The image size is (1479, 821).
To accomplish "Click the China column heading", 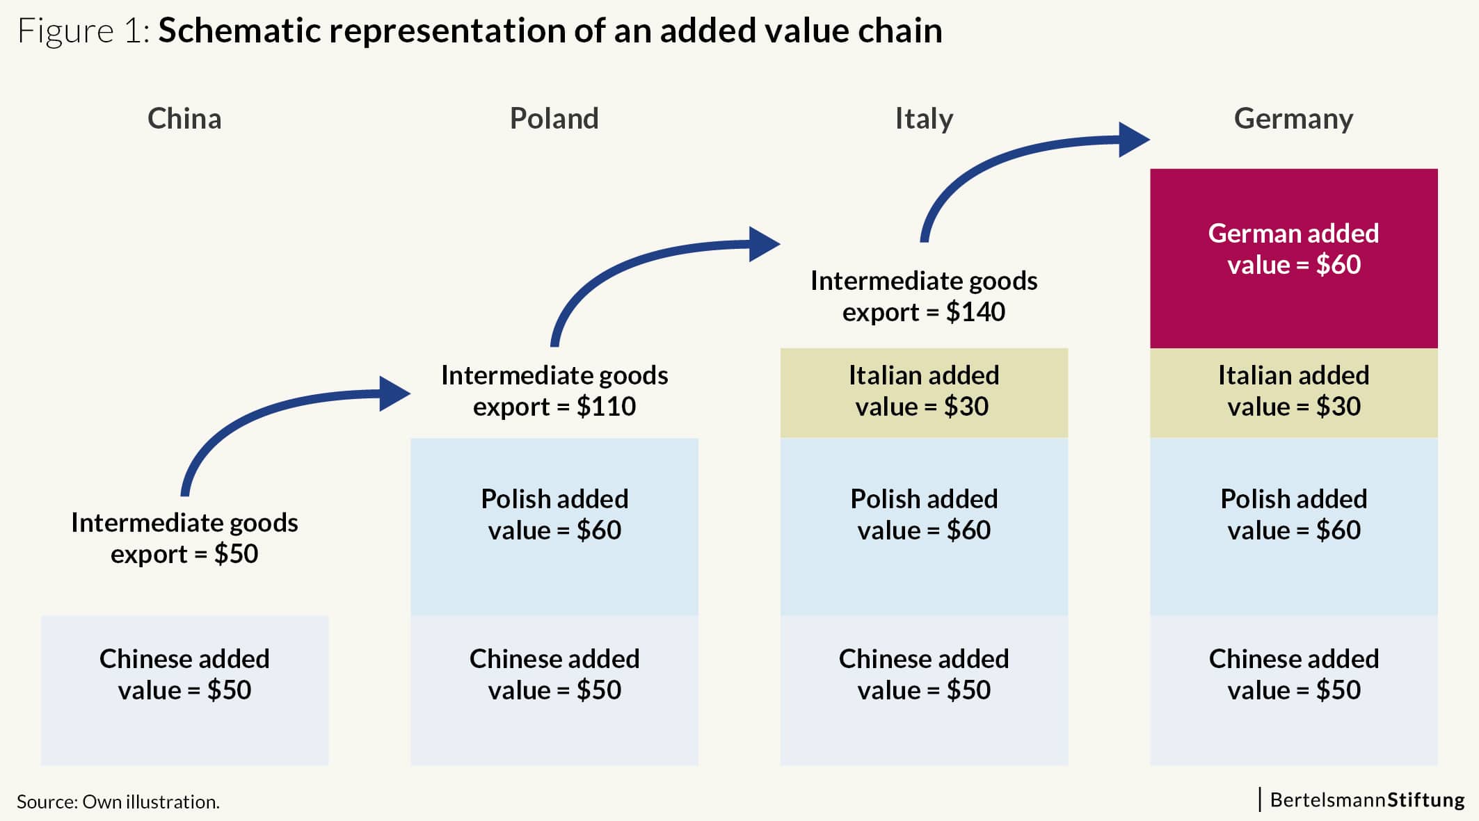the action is click(x=184, y=119).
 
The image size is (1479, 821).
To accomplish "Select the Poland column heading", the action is click(x=554, y=119).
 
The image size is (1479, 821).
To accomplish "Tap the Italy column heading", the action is click(x=924, y=120).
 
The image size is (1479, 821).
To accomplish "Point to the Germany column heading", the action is click(x=1293, y=120).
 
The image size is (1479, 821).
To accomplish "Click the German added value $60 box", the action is click(x=1293, y=258).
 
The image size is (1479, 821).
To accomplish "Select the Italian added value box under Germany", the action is click(x=1293, y=393).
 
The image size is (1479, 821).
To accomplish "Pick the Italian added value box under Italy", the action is click(x=924, y=393).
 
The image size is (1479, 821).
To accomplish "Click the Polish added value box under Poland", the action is click(x=554, y=527).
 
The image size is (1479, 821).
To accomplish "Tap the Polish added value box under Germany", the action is click(x=1293, y=527).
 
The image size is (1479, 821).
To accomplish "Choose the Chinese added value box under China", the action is click(x=184, y=690).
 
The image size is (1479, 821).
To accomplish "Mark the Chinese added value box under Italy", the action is click(x=924, y=690).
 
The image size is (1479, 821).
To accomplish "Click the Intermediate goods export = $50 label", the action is click(x=184, y=538).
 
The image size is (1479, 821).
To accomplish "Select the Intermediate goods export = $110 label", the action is click(x=554, y=391).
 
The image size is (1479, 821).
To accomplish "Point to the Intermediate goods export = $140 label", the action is click(x=924, y=296).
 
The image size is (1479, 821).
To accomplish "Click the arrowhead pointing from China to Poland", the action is click(x=394, y=393).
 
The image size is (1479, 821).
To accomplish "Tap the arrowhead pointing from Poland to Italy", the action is click(x=765, y=244).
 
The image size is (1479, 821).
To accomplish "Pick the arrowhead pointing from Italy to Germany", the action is click(x=1134, y=140).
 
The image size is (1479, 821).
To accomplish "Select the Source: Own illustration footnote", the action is click(x=118, y=802).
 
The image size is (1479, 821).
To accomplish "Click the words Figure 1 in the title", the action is click(x=83, y=31).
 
